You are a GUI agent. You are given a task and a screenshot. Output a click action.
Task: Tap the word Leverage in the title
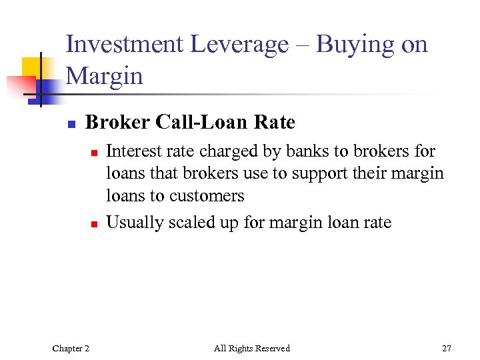[x=239, y=45]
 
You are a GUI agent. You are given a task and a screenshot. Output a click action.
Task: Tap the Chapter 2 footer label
[x=71, y=348]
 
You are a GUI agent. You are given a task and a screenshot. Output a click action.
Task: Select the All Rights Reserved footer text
[x=252, y=348]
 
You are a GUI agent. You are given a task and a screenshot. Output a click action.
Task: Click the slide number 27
[x=446, y=348]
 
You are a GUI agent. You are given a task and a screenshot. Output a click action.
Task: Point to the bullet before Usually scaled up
[x=94, y=224]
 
